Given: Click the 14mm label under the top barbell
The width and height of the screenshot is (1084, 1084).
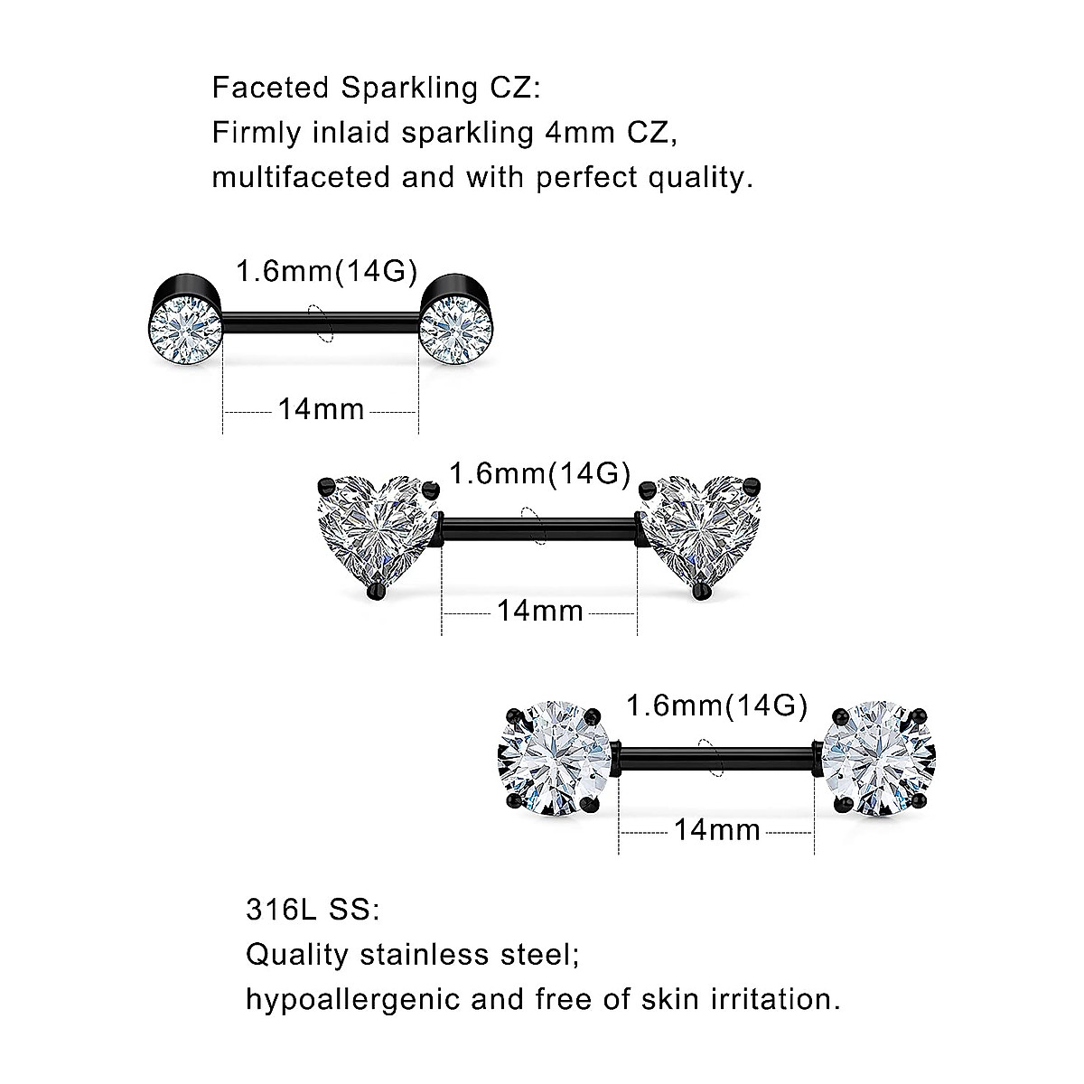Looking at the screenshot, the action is coord(321,410).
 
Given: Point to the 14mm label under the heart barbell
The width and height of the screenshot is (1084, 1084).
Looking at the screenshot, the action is coord(539,612).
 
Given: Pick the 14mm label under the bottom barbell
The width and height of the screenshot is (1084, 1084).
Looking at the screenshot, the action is coord(716,829).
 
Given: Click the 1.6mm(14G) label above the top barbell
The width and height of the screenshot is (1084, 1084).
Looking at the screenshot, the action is coord(326,271).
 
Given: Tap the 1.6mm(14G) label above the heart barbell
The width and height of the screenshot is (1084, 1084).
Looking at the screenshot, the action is coord(539,473).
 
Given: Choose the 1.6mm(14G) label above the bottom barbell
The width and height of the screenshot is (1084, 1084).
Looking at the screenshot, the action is coord(717,706).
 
